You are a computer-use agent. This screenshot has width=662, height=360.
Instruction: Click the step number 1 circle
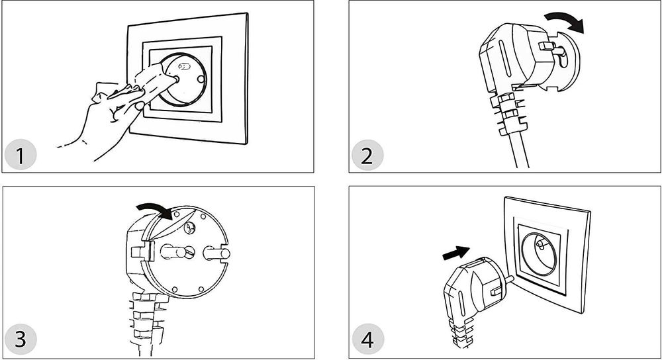point(21,155)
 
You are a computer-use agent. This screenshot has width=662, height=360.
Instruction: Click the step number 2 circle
point(367,156)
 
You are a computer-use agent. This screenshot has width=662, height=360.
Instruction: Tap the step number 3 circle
point(21,339)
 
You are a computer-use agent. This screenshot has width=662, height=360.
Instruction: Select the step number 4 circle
point(367,339)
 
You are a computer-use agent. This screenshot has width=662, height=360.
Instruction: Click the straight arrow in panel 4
point(456,253)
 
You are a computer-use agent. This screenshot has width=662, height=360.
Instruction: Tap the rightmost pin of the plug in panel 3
point(216,253)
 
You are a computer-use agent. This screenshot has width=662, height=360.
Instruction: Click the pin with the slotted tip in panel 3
point(177,252)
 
